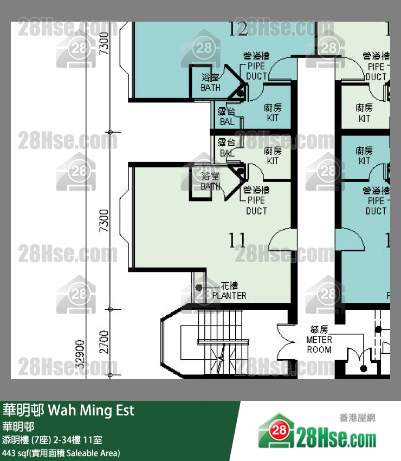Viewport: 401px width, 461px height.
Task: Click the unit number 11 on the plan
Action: [237, 240]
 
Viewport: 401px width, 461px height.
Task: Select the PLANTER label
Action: [229, 296]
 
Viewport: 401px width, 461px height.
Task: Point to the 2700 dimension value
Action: [104, 342]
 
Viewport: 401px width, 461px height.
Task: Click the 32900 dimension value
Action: [80, 354]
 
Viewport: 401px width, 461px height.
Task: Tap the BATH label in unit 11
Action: [210, 181]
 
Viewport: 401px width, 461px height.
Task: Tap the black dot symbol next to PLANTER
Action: [199, 288]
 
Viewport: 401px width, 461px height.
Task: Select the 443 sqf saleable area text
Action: [61, 452]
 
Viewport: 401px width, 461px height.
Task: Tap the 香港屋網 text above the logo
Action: [357, 418]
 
